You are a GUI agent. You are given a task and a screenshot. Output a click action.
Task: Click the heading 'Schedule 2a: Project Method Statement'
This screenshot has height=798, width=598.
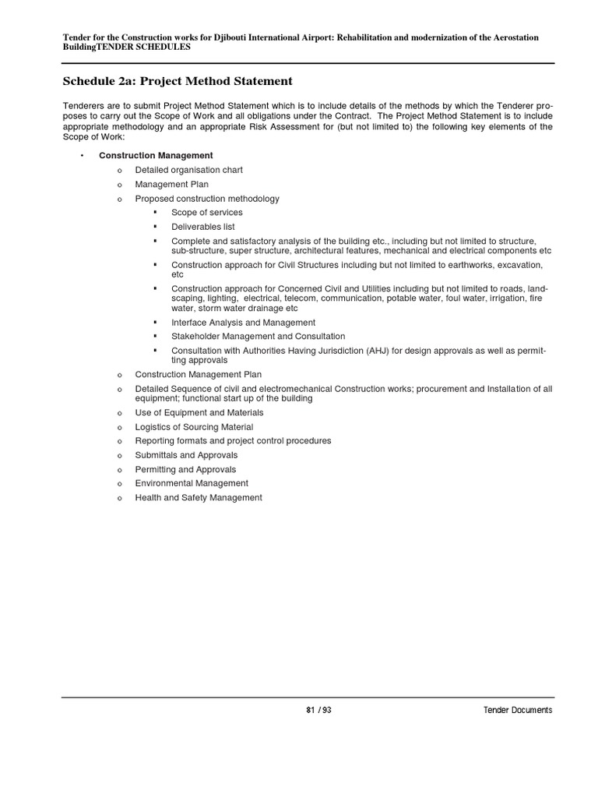177,81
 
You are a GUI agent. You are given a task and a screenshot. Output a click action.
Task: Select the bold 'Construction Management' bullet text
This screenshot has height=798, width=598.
156,156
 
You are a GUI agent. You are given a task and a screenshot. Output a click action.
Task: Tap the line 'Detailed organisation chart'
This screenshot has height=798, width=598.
188,170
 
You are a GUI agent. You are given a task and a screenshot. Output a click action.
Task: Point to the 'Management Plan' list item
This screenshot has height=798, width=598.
171,185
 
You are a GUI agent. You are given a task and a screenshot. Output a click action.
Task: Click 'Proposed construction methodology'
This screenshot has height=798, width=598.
207,199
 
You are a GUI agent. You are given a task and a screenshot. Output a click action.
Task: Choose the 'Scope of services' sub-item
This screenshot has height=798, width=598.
206,213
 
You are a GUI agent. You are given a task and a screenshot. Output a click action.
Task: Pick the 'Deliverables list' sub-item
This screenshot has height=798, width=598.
202,227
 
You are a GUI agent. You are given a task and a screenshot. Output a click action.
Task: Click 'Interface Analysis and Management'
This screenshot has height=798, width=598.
243,323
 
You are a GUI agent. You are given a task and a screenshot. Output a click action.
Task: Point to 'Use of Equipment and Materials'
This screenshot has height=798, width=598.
199,412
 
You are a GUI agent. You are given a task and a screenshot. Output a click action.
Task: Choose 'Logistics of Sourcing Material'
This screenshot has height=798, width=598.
194,427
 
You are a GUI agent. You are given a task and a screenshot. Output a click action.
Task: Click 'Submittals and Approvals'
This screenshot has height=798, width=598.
186,455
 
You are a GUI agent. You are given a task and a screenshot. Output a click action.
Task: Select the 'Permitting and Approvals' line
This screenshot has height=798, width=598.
185,470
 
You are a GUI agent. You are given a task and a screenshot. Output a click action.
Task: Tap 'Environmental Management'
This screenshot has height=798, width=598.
192,484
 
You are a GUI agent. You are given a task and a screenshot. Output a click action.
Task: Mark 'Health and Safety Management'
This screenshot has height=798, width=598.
199,498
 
